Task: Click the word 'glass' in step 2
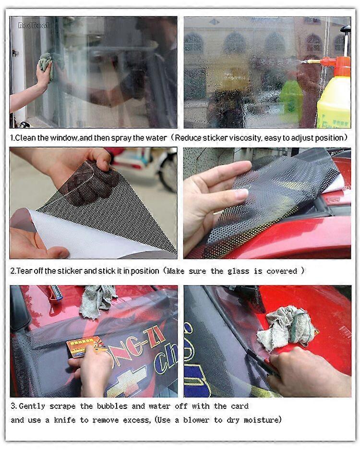[239, 271]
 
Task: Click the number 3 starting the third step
[13, 406]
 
